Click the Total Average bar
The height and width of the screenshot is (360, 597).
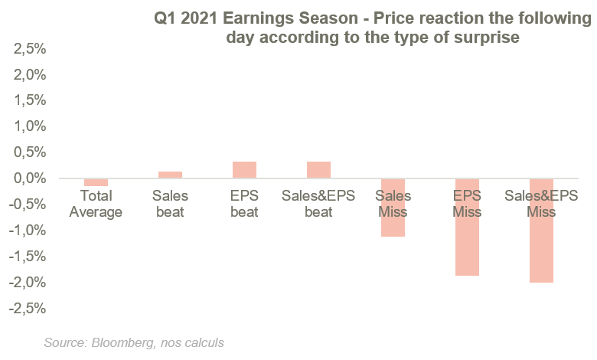[x=96, y=182]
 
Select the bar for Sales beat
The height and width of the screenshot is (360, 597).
[x=170, y=175]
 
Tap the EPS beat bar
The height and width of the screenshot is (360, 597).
[x=244, y=170]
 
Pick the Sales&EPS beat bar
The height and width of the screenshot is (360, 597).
[x=318, y=170]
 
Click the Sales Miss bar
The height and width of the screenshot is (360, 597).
[x=393, y=208]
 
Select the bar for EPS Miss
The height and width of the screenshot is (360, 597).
[x=467, y=227]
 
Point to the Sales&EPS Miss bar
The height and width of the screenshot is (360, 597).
[x=541, y=231]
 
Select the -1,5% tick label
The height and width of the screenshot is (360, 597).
[x=28, y=257]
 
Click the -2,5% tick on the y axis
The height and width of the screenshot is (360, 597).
[x=28, y=309]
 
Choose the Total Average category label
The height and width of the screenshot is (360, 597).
[x=96, y=204]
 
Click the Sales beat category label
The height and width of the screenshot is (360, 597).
[x=170, y=204]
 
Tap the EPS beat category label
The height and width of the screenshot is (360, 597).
[x=244, y=204]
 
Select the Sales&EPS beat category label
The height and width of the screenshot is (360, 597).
[x=318, y=204]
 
